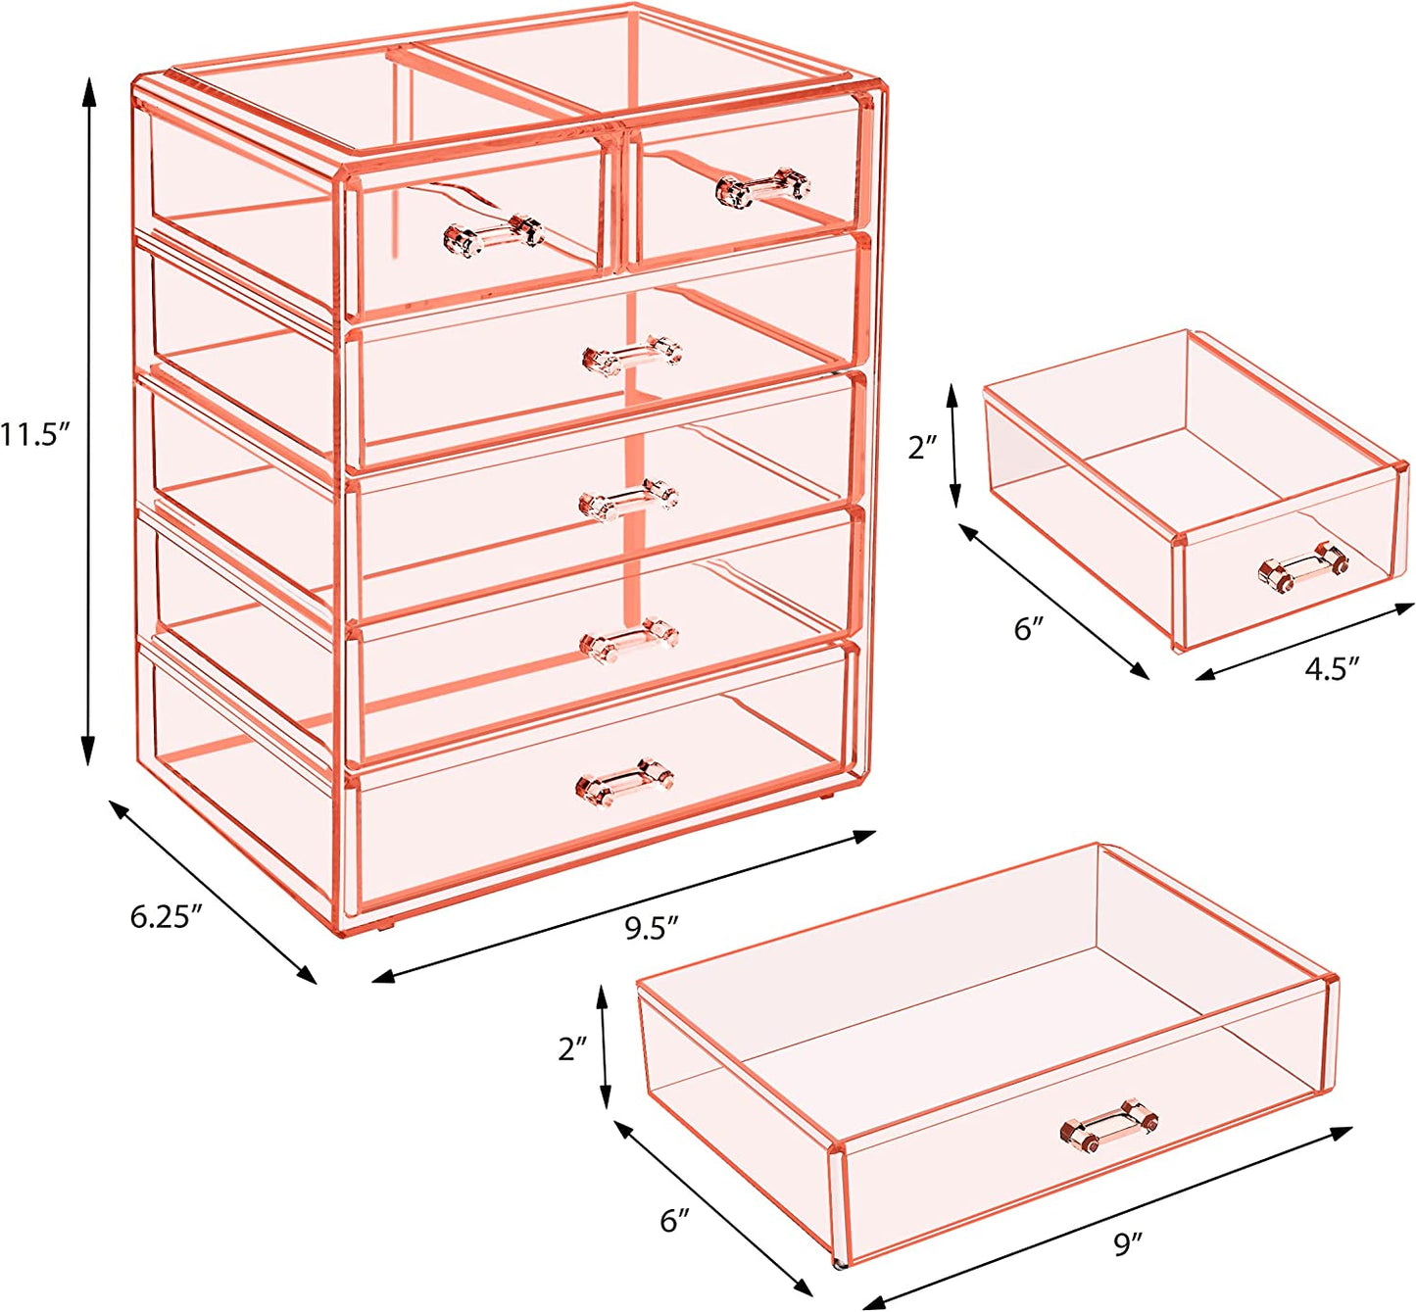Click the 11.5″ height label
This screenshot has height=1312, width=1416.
pyautogui.click(x=34, y=434)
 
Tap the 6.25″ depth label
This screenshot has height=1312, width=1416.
pyautogui.click(x=167, y=916)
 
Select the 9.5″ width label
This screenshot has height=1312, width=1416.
pyautogui.click(x=652, y=927)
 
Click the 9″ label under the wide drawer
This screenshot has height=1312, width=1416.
pyautogui.click(x=1129, y=1244)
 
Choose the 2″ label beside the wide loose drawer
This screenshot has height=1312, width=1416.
pyautogui.click(x=573, y=1048)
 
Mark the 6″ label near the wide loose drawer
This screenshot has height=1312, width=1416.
pyautogui.click(x=674, y=1221)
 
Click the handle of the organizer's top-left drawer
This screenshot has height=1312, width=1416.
pyautogui.click(x=493, y=236)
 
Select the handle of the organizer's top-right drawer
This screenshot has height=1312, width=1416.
pyautogui.click(x=763, y=187)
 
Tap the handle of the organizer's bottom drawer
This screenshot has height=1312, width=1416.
pyautogui.click(x=625, y=781)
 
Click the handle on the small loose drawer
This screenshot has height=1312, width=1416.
pyautogui.click(x=1303, y=569)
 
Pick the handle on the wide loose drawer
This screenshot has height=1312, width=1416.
pyautogui.click(x=1109, y=1124)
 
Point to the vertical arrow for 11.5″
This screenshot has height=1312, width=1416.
pyautogui.click(x=89, y=421)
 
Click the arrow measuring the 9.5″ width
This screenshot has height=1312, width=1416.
pyautogui.click(x=623, y=906)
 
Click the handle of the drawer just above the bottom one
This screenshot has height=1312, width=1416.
pyautogui.click(x=629, y=640)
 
